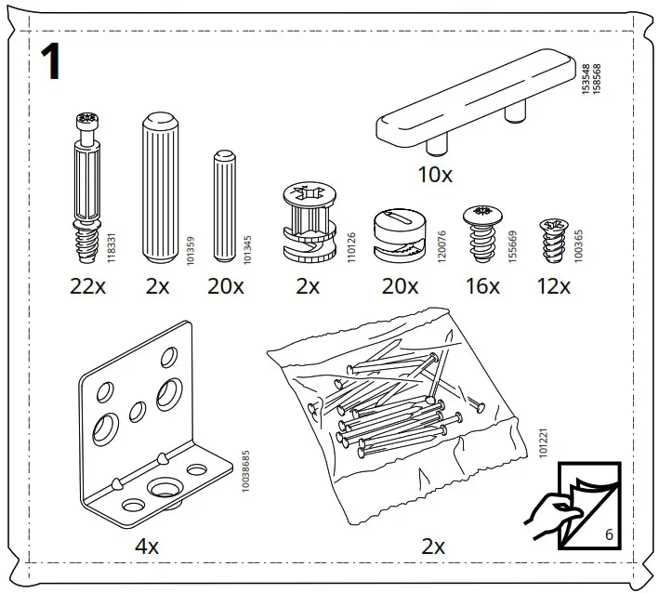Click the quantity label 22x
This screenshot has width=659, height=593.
88,287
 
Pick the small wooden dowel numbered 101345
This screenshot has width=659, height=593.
223,206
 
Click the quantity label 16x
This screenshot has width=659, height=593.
482,287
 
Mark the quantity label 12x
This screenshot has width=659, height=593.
553,287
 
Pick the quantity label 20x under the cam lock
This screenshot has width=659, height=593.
400,287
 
